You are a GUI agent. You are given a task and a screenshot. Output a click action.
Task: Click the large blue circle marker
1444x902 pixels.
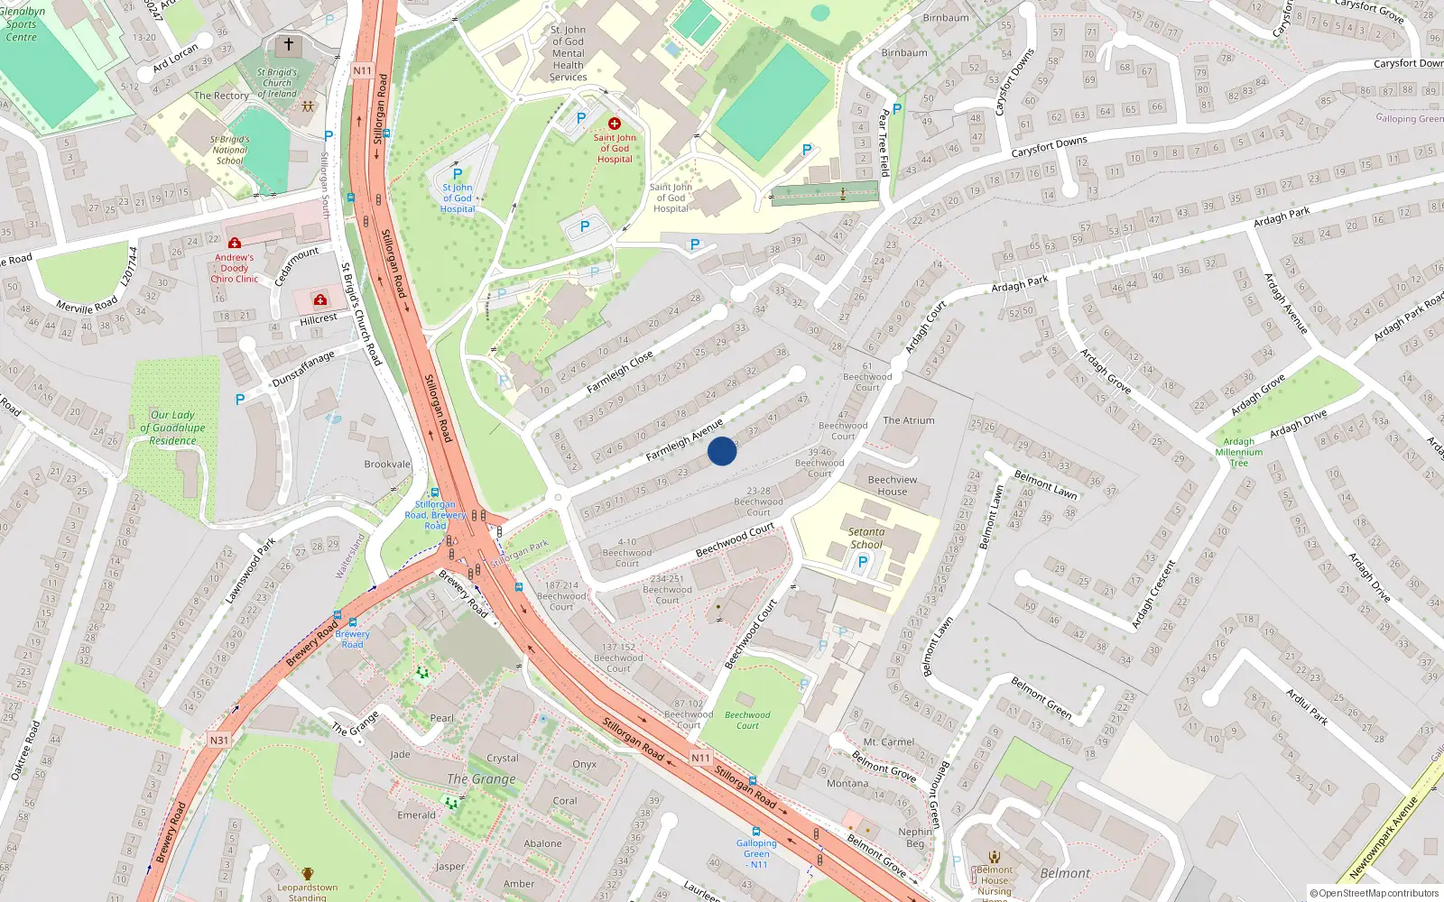pos(722,451)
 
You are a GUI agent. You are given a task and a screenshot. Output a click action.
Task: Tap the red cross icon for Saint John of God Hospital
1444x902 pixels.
pos(615,124)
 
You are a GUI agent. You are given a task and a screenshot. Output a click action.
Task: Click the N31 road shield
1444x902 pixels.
pos(218,741)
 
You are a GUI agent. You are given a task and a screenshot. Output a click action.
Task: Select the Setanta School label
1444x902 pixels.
pos(866,538)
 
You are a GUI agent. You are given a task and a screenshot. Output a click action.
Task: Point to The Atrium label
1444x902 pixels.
pos(909,420)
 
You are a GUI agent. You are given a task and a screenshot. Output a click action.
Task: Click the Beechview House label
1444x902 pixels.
pos(893,485)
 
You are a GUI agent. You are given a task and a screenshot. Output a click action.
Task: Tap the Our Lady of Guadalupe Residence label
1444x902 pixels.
pos(172,428)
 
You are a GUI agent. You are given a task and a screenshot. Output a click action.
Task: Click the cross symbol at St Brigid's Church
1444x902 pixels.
pos(289,43)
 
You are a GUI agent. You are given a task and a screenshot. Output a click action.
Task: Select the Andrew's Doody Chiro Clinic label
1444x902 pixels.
pos(235,268)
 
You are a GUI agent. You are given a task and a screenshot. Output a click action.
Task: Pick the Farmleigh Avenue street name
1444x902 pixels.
pos(684,440)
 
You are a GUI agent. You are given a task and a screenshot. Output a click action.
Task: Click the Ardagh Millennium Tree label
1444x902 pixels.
pos(1239,453)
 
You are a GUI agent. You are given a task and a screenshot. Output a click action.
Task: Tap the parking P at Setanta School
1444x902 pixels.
pos(863,562)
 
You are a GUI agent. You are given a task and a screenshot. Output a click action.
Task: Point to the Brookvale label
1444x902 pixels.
pos(387,465)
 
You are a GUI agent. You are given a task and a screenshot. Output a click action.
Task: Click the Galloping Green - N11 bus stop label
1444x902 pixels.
pos(756,853)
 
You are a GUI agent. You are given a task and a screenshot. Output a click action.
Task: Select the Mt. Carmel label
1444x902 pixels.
pos(889,742)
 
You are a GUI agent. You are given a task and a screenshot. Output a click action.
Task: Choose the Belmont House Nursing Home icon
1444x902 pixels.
pos(995,857)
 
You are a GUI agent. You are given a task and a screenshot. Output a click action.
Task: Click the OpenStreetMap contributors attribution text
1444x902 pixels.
pos(1374,894)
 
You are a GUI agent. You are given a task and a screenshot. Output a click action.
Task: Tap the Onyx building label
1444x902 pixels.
pos(584,764)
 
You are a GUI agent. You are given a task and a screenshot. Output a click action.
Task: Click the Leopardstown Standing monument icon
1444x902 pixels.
pos(308,874)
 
